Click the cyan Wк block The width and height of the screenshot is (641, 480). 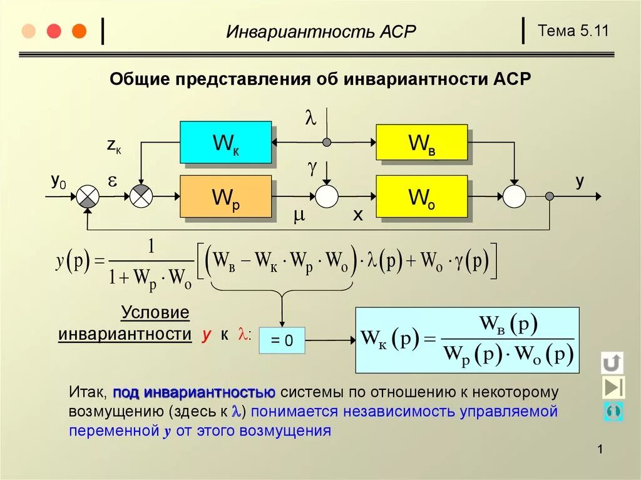(x=225, y=143)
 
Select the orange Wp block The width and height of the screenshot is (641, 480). (x=225, y=197)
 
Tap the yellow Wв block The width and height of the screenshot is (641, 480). (x=421, y=142)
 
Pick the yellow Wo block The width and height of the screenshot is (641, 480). (x=421, y=197)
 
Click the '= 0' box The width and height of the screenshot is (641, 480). (x=282, y=341)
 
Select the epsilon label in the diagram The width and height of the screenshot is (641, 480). (x=113, y=181)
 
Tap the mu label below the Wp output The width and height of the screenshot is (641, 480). (x=299, y=216)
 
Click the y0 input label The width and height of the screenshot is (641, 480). (x=58, y=181)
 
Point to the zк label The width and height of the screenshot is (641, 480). (x=113, y=146)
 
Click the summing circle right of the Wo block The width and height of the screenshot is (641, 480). (x=515, y=197)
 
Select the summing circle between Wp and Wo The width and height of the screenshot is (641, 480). (x=326, y=197)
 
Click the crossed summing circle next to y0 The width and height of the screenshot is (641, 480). (x=88, y=197)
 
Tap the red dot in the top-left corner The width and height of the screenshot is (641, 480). (x=54, y=31)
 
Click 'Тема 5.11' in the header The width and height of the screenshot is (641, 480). (x=573, y=31)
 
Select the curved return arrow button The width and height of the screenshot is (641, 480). (x=612, y=362)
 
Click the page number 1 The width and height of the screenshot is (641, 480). (x=600, y=449)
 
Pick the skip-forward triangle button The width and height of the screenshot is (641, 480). (x=613, y=387)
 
